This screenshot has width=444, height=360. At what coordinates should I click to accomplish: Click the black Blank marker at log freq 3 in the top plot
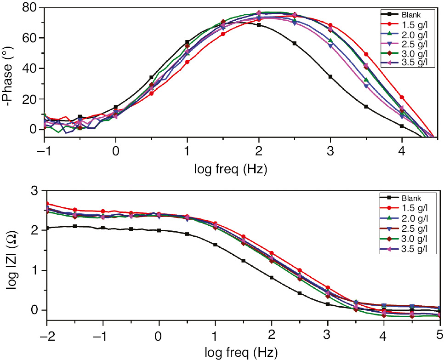pos(330,76)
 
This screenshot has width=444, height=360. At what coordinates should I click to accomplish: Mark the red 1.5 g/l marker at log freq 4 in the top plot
pos(402,97)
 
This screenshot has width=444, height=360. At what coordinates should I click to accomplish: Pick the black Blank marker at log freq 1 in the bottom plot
pos(216,245)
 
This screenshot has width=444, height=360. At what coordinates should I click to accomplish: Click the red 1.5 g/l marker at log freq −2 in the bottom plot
pos(47,203)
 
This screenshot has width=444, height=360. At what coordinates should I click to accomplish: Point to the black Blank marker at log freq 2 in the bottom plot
pos(272,277)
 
